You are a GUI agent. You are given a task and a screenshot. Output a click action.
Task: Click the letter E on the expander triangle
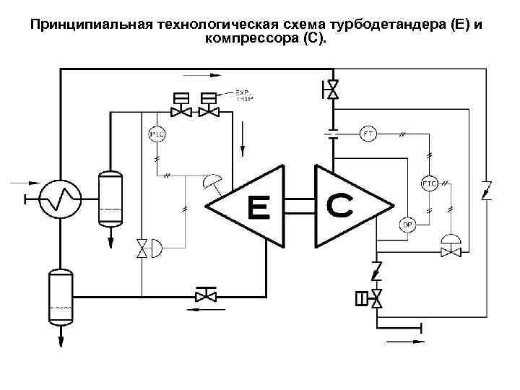pyautogui.click(x=257, y=207)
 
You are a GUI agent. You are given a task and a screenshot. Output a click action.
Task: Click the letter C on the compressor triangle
pyautogui.click(x=340, y=204)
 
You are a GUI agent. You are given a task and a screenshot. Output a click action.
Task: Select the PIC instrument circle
pyautogui.click(x=156, y=134)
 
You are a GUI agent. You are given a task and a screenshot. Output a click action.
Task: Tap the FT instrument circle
pyautogui.click(x=369, y=134)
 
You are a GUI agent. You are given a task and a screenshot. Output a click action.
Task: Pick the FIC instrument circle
pyautogui.click(x=428, y=183)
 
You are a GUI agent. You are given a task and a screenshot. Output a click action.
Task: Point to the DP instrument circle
pyautogui.click(x=407, y=225)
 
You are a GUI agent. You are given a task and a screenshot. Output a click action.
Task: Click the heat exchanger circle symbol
pyautogui.click(x=56, y=196)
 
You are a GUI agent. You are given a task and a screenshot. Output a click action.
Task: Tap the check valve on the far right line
pyautogui.click(x=487, y=191)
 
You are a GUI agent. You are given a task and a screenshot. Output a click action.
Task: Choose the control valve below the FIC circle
pyautogui.click(x=452, y=251)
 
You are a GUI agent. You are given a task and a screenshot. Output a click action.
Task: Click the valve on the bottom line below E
pyautogui.click(x=206, y=295)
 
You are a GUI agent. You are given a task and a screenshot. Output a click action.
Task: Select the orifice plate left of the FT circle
pyautogui.click(x=332, y=134)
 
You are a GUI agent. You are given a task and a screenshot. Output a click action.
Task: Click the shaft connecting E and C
pyautogui.click(x=299, y=207)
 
